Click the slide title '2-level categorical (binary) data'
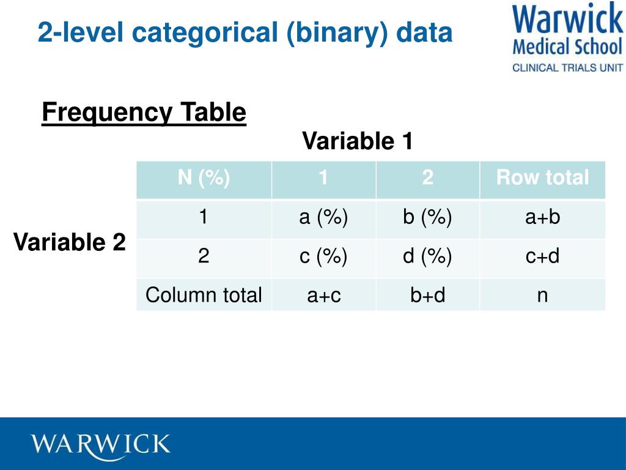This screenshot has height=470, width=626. (x=245, y=32)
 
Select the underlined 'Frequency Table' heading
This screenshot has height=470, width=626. (x=144, y=113)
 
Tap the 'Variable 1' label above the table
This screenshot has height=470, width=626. (x=358, y=141)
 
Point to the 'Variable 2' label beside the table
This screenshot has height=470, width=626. (x=70, y=242)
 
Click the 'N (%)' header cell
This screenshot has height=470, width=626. (x=204, y=178)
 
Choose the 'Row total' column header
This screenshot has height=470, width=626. (x=542, y=178)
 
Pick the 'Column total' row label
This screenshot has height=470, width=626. (x=204, y=295)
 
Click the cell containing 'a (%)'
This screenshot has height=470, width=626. (x=323, y=217)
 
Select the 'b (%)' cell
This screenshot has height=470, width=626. (x=427, y=217)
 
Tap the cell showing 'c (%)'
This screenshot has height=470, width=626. (x=323, y=256)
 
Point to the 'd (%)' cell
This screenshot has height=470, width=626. (x=427, y=256)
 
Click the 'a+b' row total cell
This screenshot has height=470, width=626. (x=542, y=217)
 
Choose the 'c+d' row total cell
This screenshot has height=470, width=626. (x=542, y=256)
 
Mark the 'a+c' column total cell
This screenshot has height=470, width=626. (x=323, y=296)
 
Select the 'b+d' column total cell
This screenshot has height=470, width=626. (x=427, y=296)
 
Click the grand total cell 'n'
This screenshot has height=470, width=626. (x=542, y=296)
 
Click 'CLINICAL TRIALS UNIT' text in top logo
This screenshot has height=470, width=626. (x=567, y=68)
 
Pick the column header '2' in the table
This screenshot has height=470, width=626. (x=427, y=178)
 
